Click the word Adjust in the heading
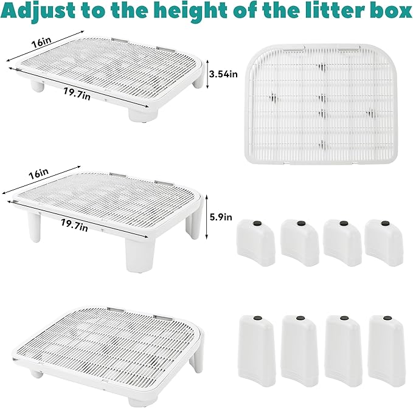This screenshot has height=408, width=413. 38,13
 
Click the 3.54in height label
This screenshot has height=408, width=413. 223,74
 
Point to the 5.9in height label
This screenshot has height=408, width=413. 221,215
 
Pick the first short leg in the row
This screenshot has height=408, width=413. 255,242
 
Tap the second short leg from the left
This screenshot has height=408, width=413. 300,242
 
